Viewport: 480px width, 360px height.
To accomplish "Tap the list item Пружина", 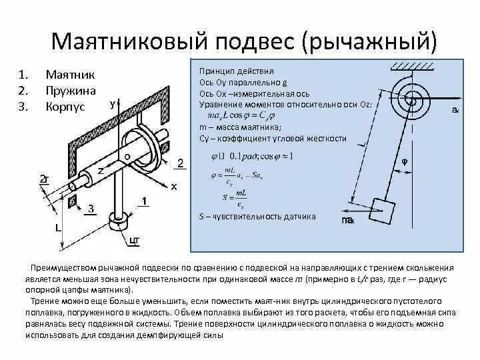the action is tap(70, 90).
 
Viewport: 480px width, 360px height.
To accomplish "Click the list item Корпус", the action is tap(65, 106).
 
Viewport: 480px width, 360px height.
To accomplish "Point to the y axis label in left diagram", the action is tap(114, 104).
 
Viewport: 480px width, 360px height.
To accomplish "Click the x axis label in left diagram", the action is tap(174, 186).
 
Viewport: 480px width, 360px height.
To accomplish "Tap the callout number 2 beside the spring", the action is tap(181, 163).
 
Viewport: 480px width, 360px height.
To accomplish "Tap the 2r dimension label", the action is tap(45, 179).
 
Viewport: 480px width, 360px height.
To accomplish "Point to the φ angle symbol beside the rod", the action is tap(403, 161).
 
